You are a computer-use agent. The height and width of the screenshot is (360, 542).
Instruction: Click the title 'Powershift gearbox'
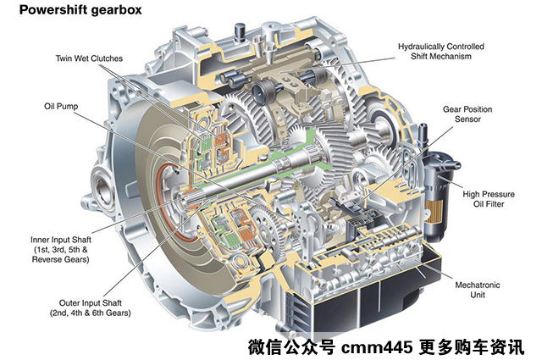[x=80, y=9]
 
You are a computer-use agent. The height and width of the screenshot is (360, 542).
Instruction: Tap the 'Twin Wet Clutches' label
[x=89, y=58]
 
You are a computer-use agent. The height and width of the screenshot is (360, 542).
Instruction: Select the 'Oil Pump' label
[x=61, y=106]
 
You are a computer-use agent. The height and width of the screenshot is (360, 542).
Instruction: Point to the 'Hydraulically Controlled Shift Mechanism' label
[x=440, y=51]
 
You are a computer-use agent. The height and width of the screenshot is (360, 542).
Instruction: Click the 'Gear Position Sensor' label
[x=467, y=114]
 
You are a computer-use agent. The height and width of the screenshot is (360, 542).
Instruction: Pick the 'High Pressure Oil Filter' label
[x=489, y=199]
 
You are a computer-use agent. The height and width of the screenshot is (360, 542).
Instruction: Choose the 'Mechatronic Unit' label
[x=478, y=290]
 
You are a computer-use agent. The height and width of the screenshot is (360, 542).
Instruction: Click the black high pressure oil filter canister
[x=436, y=197]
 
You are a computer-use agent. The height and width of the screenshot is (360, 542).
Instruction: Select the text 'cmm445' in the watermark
[x=377, y=346]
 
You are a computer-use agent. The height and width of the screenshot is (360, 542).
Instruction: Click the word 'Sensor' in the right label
[x=467, y=119]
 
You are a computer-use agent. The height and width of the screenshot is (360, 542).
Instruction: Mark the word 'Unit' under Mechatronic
[x=478, y=295]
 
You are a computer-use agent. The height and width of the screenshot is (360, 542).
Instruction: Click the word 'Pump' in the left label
[x=68, y=107]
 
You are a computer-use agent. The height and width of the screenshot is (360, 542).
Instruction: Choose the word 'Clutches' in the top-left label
[x=107, y=58]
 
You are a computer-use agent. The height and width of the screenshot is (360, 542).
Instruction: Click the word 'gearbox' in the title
[x=116, y=10]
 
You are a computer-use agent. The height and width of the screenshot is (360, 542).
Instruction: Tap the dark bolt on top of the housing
[x=239, y=32]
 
